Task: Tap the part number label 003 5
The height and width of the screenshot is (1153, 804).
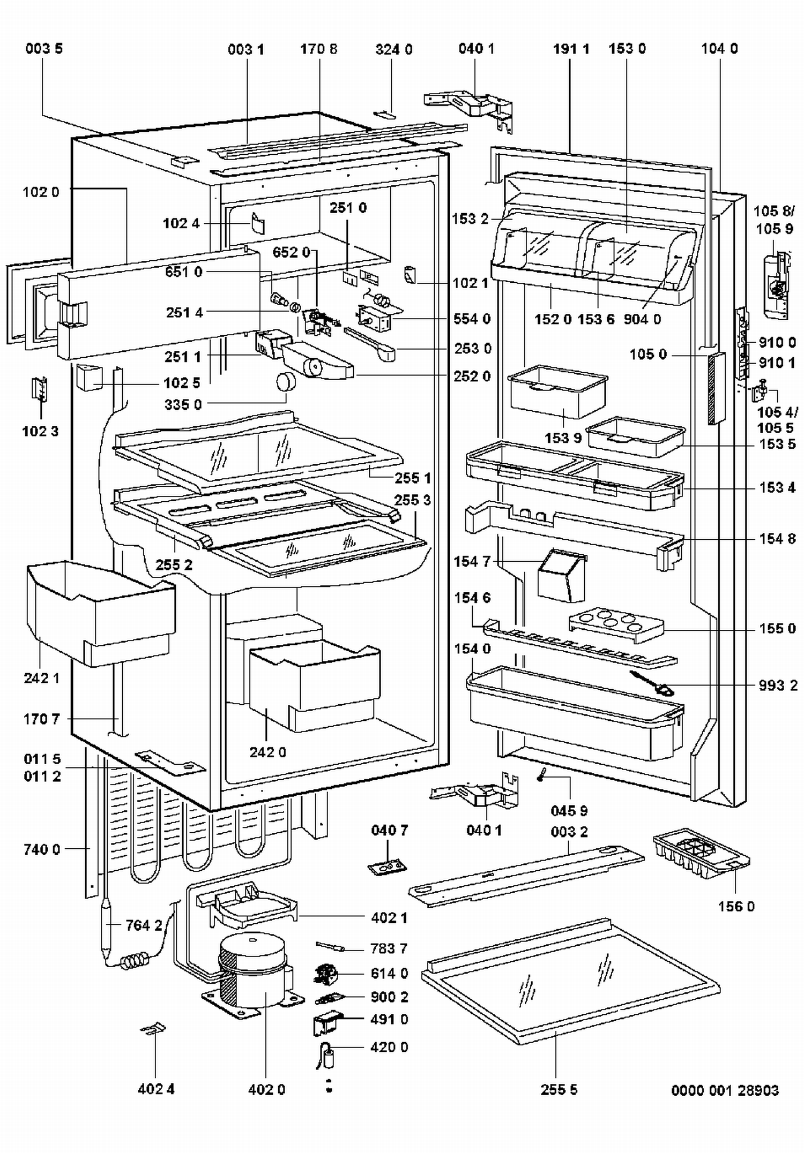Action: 44,49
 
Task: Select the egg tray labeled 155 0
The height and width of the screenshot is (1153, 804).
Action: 616,624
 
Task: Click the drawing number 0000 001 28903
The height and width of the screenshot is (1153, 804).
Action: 725,1090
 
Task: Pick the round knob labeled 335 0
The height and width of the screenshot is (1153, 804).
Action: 286,382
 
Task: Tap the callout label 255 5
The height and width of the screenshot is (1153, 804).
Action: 559,1089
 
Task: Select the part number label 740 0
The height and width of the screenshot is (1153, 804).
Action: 42,849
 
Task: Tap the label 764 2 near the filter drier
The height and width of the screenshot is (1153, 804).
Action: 144,925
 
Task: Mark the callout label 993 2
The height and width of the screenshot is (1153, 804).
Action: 778,685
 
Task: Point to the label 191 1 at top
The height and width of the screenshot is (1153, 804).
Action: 571,49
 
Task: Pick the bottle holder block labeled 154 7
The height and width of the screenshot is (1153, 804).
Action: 561,575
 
